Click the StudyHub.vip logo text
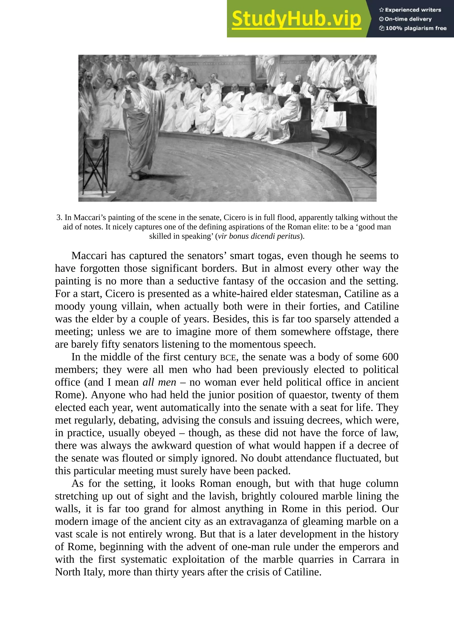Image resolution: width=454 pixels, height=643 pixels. pyautogui.click(x=296, y=19)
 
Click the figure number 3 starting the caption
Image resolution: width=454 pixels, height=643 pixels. pyautogui.click(x=59, y=217)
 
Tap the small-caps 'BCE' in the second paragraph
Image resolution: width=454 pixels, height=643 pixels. pyautogui.click(x=228, y=358)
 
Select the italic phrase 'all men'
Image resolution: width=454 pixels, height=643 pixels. pyautogui.click(x=159, y=382)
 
